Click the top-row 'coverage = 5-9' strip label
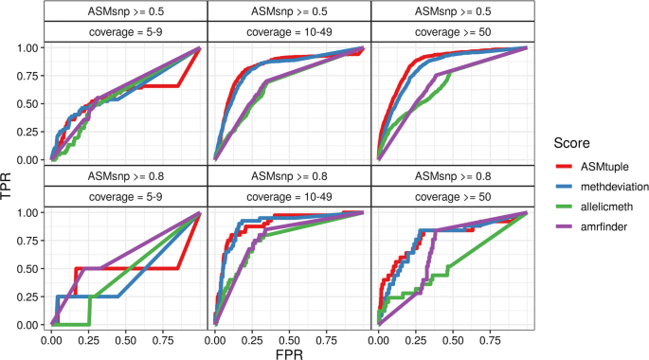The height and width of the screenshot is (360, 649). click(125, 32)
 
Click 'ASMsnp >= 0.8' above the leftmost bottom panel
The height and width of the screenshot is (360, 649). click(125, 176)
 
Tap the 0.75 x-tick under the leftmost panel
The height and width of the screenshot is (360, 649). click(161, 337)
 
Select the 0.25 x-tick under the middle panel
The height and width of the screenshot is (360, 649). click(251, 337)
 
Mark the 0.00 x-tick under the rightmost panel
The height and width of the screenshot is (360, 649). click(378, 337)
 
